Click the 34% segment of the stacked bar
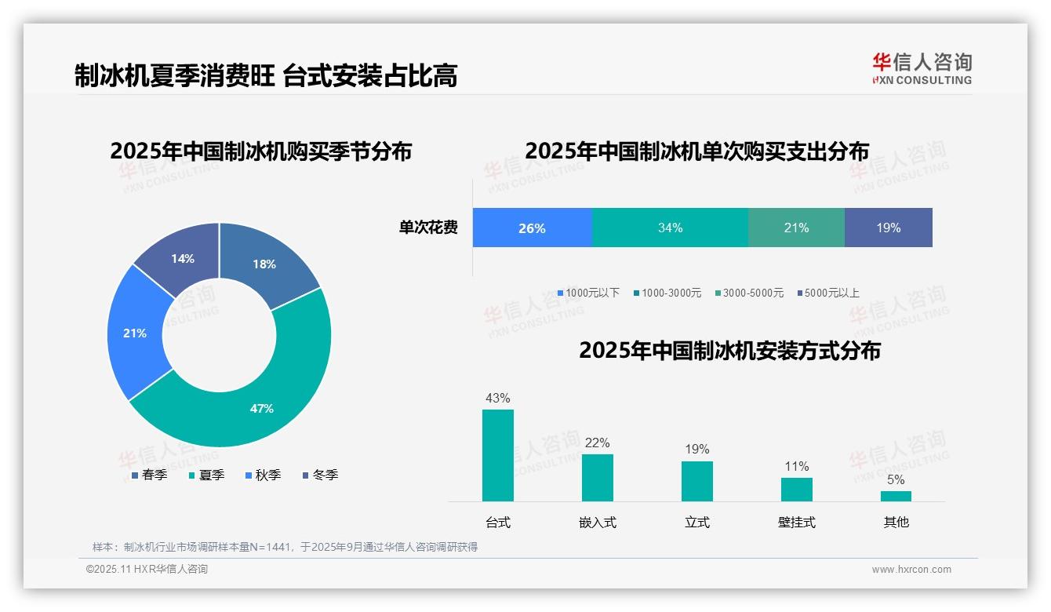(x=670, y=228)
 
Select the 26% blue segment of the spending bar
(x=532, y=228)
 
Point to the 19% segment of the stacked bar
(x=888, y=228)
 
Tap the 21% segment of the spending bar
(x=796, y=228)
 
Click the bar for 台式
(x=498, y=455)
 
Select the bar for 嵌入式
(x=598, y=477)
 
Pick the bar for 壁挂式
(x=797, y=489)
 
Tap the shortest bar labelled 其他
(x=896, y=496)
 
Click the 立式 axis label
(x=697, y=523)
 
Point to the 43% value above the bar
(x=498, y=398)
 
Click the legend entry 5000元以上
(x=831, y=293)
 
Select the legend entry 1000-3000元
(x=671, y=293)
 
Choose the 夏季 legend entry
(x=211, y=475)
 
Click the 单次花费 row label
(x=428, y=228)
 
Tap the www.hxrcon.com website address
(x=911, y=570)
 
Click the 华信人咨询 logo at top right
(x=922, y=68)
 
